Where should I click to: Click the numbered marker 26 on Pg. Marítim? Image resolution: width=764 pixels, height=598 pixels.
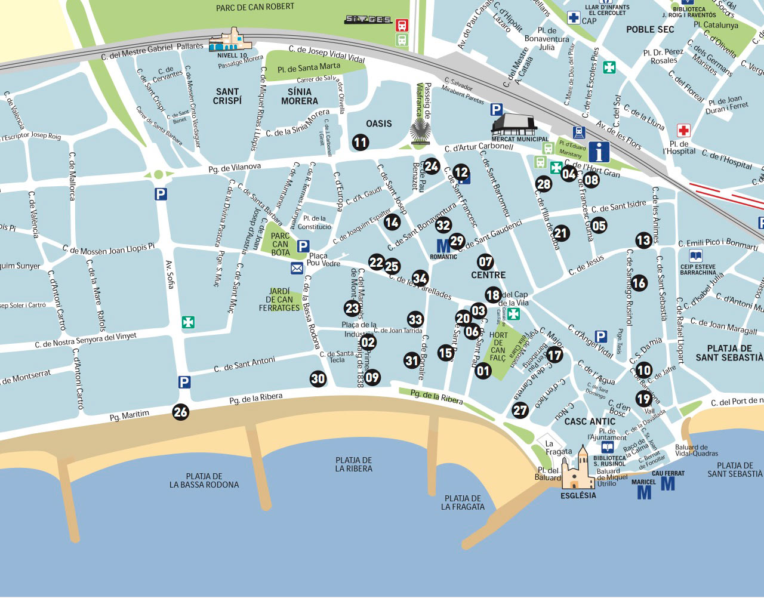[x=180, y=412]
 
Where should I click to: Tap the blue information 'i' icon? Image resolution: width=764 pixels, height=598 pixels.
[x=599, y=152]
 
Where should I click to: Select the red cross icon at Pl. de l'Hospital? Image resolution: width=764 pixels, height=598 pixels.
[x=683, y=131]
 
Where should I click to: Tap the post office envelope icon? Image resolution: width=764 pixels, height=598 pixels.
[x=297, y=269]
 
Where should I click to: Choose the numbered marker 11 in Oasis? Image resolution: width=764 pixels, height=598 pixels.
[x=360, y=142]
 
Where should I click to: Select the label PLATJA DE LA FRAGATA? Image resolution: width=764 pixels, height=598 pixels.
[x=463, y=503]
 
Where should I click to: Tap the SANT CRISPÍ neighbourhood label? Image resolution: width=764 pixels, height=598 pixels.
[x=227, y=96]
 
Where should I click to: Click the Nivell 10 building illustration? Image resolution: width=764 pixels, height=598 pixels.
[x=230, y=41]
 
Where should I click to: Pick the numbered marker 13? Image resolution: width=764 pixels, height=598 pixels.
[x=643, y=241]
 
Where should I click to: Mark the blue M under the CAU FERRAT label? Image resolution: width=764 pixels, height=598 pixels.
[x=668, y=483]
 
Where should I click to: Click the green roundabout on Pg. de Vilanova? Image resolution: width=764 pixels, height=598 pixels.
[x=158, y=175]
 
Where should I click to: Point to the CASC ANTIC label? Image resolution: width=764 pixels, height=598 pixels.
[x=590, y=421]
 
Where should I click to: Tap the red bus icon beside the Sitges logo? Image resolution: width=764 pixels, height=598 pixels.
[x=402, y=25]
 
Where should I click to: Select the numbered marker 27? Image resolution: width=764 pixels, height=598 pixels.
[x=520, y=410]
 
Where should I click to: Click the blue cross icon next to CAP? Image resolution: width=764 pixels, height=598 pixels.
[x=574, y=18]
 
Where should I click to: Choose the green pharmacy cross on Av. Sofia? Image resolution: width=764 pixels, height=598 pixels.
[x=188, y=322]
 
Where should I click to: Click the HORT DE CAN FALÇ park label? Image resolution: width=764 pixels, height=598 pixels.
[x=498, y=347]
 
